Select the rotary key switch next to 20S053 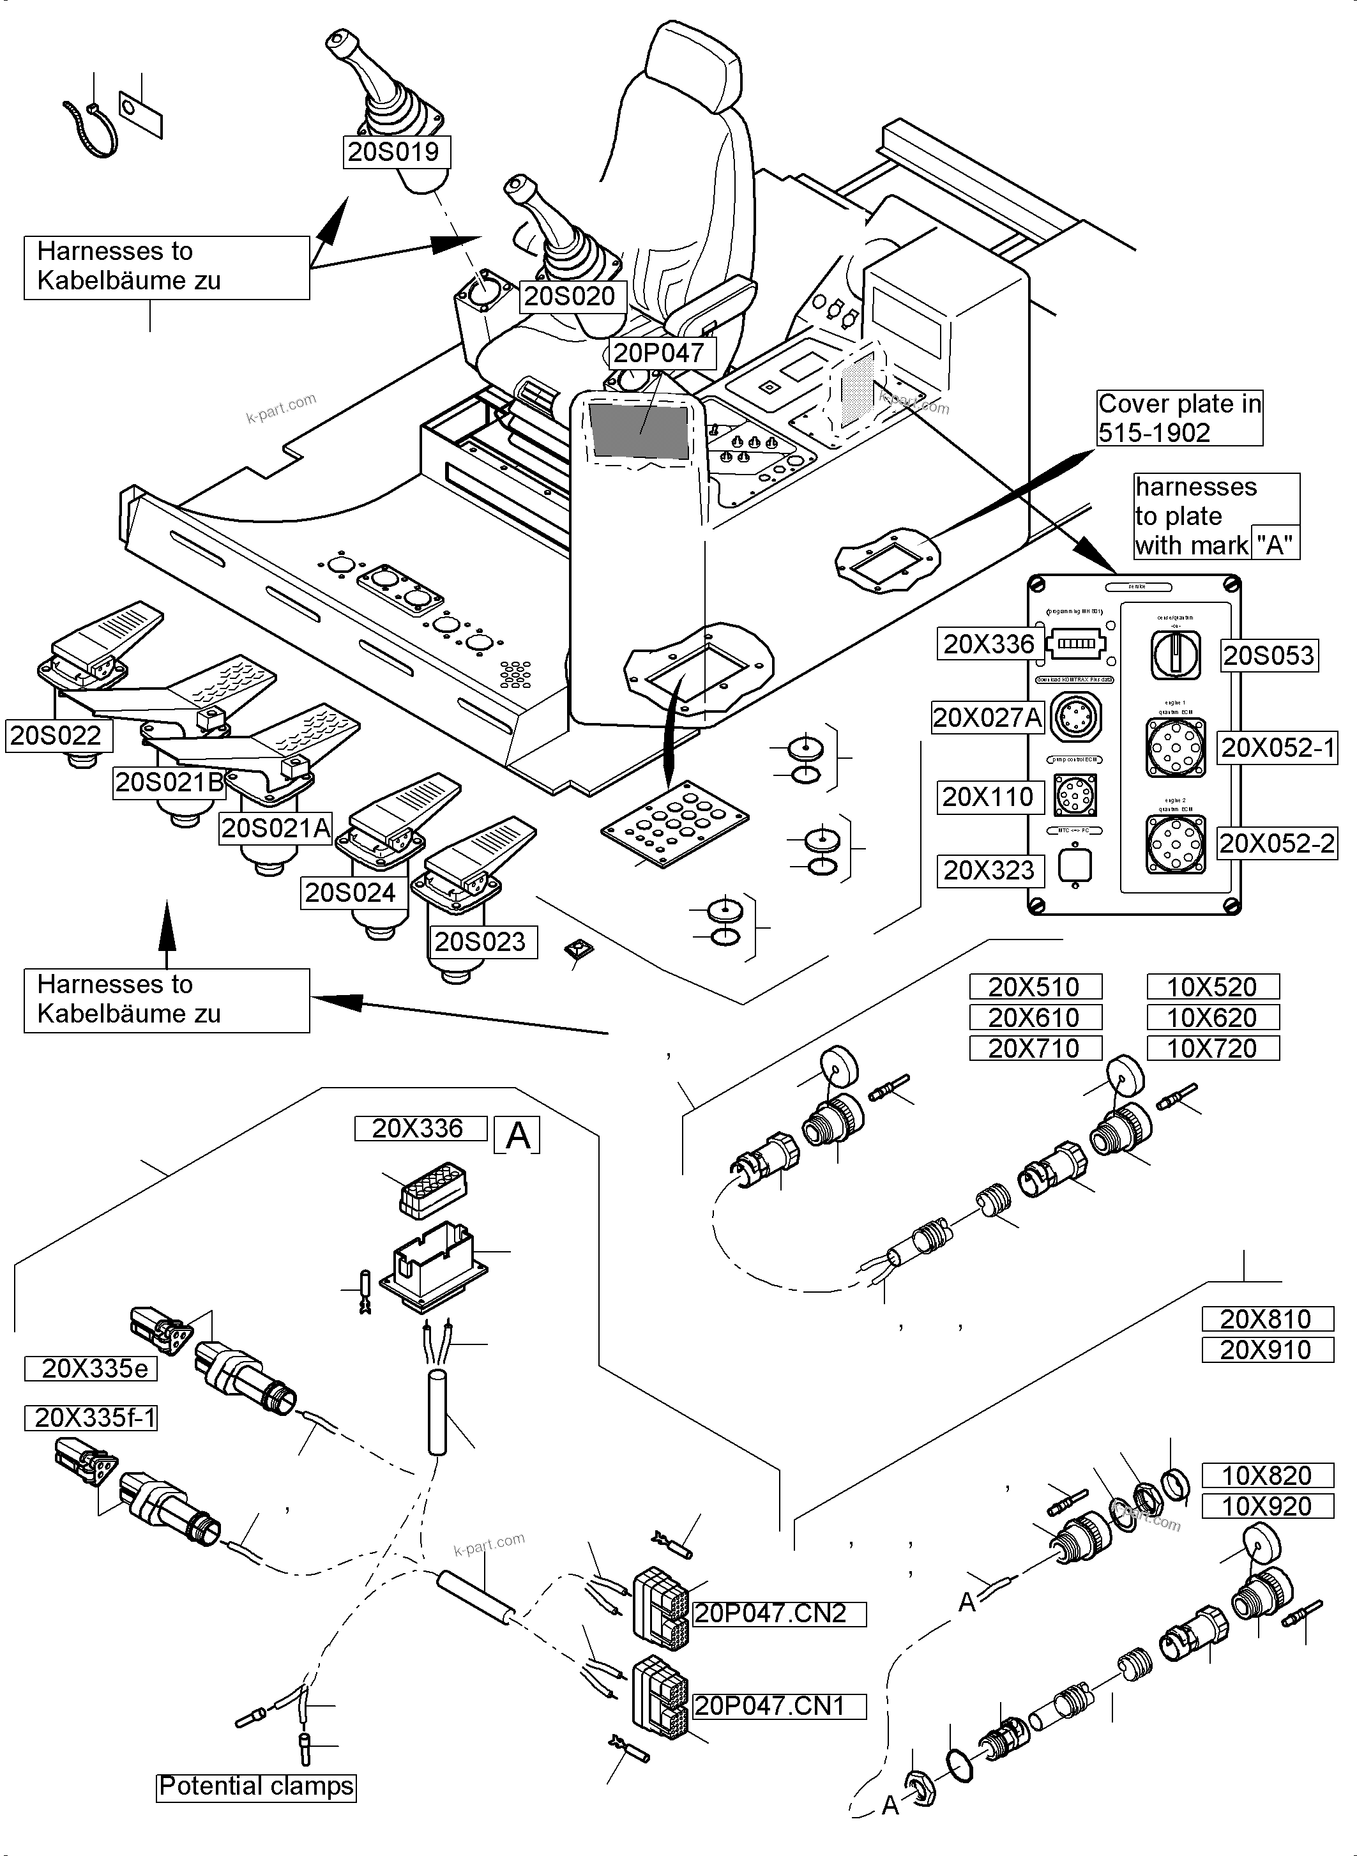(x=1176, y=654)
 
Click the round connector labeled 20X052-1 (x=1176, y=748)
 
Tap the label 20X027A (x=987, y=717)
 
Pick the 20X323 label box (x=990, y=870)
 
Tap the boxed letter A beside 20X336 (x=517, y=1136)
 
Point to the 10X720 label (x=1213, y=1048)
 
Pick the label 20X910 (x=1267, y=1350)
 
